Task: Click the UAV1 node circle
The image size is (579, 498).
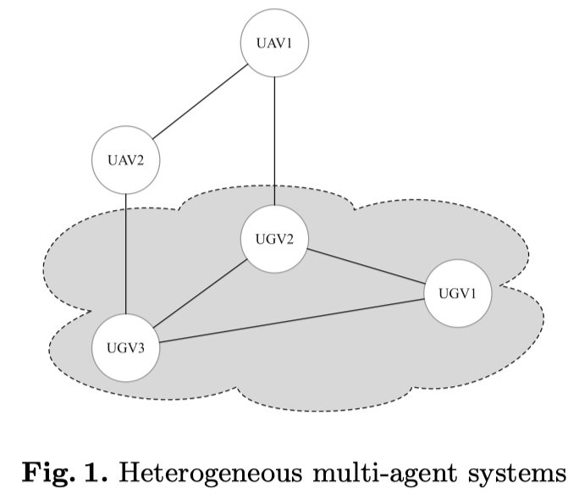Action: pyautogui.click(x=274, y=45)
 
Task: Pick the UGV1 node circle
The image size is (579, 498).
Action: pyautogui.click(x=457, y=294)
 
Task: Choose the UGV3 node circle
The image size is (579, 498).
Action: pyautogui.click(x=125, y=347)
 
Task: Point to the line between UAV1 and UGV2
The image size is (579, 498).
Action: pyautogui.click(x=274, y=141)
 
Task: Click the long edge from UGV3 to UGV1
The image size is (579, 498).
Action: pyautogui.click(x=291, y=321)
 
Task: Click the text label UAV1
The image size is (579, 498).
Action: pyautogui.click(x=274, y=45)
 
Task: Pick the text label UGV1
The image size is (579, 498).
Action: pyautogui.click(x=457, y=294)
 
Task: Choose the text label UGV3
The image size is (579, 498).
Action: pyautogui.click(x=125, y=348)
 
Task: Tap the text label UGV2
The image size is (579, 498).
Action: pyautogui.click(x=274, y=239)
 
